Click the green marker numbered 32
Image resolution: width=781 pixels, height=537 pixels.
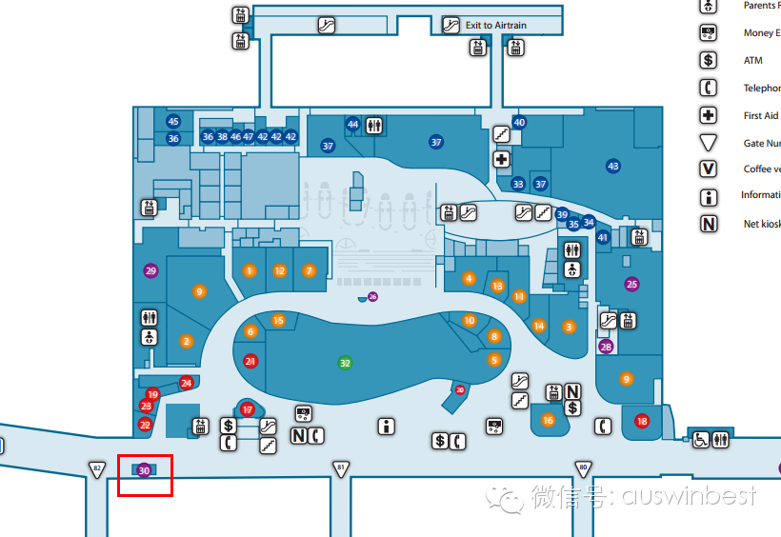pyautogui.click(x=346, y=363)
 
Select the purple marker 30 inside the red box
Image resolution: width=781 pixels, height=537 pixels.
pyautogui.click(x=144, y=470)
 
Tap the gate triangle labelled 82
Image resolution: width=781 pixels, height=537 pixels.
pyautogui.click(x=96, y=468)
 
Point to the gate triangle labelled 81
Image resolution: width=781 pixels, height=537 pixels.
pyautogui.click(x=340, y=468)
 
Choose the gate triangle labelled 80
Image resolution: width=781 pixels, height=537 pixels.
pyautogui.click(x=583, y=468)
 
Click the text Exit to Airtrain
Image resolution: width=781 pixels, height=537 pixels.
pyautogui.click(x=495, y=25)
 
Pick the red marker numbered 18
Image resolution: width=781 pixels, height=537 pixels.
pyautogui.click(x=642, y=421)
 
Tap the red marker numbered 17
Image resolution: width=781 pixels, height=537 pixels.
pyautogui.click(x=248, y=409)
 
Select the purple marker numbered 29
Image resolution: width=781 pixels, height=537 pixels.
pyautogui.click(x=150, y=270)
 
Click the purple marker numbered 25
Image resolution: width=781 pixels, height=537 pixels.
pyautogui.click(x=631, y=284)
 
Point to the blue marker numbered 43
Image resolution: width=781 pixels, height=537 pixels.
pyautogui.click(x=613, y=166)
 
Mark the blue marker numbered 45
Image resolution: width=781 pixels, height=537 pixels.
pyautogui.click(x=173, y=122)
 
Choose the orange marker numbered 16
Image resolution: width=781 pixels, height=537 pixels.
pyautogui.click(x=548, y=420)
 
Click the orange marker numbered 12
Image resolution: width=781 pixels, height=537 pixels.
pyautogui.click(x=279, y=270)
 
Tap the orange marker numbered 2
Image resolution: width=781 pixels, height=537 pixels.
pyautogui.click(x=187, y=340)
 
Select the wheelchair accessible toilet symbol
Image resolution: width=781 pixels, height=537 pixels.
pyautogui.click(x=701, y=439)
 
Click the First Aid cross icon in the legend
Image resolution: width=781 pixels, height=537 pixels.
pyautogui.click(x=708, y=115)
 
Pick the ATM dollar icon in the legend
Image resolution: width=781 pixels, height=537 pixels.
pyautogui.click(x=708, y=60)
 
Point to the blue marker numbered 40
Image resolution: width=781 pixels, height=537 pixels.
pyautogui.click(x=519, y=122)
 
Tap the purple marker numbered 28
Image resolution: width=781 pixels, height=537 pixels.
pyautogui.click(x=606, y=347)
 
